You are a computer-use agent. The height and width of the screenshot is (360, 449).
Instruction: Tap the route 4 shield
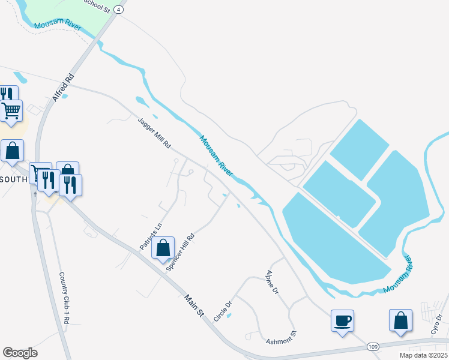tap(120, 10)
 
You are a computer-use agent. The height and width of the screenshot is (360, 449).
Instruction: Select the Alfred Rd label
tap(63, 87)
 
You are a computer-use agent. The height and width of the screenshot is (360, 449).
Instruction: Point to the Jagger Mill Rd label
tap(155, 133)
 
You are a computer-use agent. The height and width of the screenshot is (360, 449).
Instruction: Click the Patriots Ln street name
tap(151, 236)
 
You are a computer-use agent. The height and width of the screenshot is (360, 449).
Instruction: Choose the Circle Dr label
tap(223, 310)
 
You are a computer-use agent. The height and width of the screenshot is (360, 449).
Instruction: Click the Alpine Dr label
tap(273, 282)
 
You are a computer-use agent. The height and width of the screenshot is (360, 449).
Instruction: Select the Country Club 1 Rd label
tap(64, 298)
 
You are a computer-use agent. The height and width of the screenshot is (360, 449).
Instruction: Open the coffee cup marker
tap(342, 320)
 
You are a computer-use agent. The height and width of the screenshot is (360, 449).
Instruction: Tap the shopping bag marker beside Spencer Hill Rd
tap(163, 248)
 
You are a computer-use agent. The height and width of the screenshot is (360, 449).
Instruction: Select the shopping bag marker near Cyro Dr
tap(400, 320)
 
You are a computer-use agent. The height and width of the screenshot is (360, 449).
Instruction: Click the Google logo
tap(20, 353)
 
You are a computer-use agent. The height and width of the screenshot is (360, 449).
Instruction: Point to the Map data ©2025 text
tap(423, 355)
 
